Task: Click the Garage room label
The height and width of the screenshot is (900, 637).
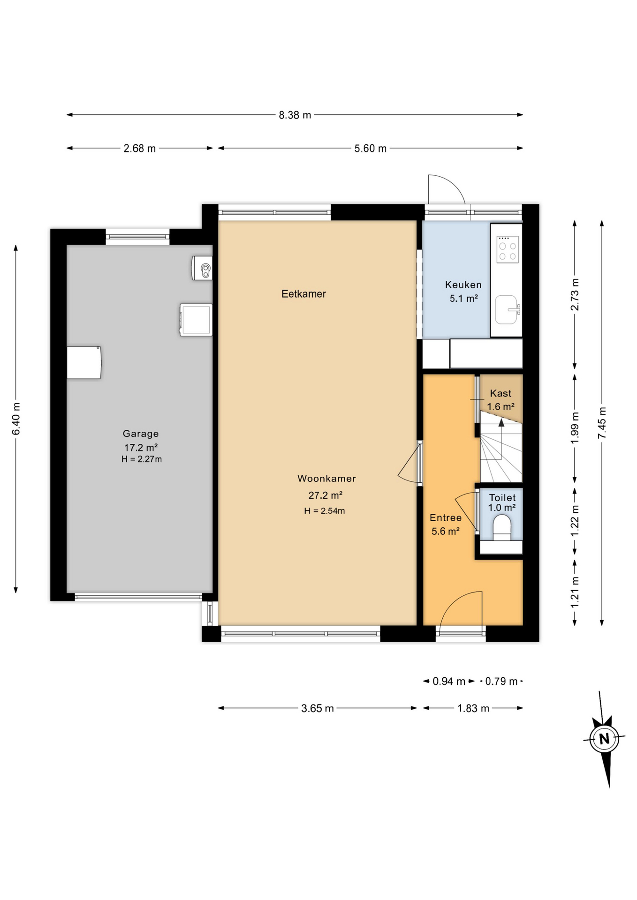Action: pos(141,434)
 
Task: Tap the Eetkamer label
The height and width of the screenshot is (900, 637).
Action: pos(303,294)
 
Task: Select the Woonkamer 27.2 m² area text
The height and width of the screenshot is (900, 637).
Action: pos(325,495)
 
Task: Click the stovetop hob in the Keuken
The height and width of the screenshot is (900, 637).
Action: pos(508,249)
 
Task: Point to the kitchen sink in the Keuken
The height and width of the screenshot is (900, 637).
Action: pos(507,309)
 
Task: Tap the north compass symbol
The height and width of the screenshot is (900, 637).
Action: pos(604,739)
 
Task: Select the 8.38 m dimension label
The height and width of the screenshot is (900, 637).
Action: pos(295,115)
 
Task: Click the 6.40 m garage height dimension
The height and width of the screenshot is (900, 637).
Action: pos(16,418)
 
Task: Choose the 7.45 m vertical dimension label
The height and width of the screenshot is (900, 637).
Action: pos(602,423)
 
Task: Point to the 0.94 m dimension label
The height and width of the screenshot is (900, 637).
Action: pos(448,681)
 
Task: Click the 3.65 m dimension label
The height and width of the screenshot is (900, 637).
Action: pos(317,708)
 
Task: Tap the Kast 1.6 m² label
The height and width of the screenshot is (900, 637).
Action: pos(500,400)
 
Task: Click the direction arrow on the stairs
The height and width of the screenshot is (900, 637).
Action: pos(501,423)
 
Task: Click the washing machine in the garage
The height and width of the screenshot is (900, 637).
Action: pos(196,320)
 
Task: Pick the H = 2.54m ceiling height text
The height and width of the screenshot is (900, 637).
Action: pos(324,511)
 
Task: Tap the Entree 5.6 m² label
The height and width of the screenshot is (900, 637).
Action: pos(445,524)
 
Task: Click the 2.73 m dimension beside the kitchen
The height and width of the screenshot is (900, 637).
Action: pos(575,294)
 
